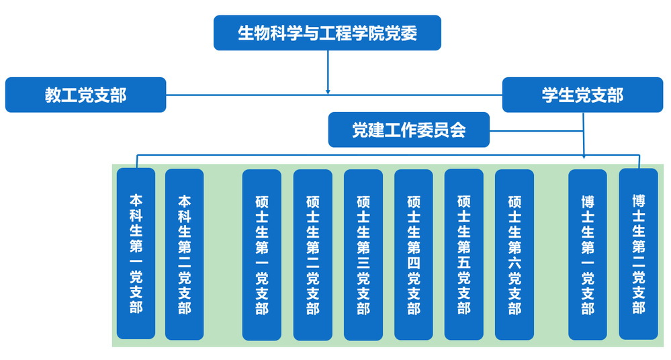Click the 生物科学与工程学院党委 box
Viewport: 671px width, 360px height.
click(x=327, y=33)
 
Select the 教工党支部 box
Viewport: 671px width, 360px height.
click(x=85, y=95)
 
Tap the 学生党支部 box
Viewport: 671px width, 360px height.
click(x=582, y=95)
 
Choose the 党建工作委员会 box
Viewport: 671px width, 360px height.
click(x=408, y=130)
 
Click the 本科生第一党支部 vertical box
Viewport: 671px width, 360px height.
click(x=136, y=253)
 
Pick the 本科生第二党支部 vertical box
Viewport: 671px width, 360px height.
click(x=184, y=253)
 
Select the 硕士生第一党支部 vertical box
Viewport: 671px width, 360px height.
click(x=261, y=255)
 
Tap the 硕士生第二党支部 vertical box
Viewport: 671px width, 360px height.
click(x=312, y=255)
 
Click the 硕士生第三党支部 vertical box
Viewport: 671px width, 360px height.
click(x=363, y=255)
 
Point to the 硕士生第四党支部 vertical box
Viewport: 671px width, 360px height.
click(x=413, y=255)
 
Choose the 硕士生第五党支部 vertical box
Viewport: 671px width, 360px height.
click(x=463, y=255)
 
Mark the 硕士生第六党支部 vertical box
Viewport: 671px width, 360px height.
click(x=514, y=255)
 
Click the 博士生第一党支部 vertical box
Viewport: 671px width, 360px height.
click(x=588, y=255)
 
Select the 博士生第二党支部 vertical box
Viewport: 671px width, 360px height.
click(x=638, y=255)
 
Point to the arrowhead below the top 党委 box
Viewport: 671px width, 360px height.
click(x=328, y=90)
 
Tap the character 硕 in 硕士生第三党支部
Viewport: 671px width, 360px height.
click(x=363, y=201)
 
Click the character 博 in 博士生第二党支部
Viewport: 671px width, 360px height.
click(x=638, y=201)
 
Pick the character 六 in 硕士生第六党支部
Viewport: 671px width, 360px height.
click(x=514, y=261)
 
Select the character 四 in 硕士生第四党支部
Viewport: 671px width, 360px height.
click(x=413, y=261)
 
